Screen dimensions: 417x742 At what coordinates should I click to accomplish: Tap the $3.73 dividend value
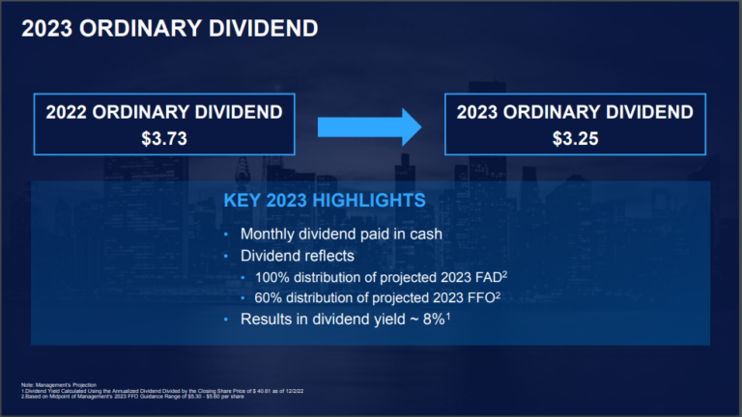click(163, 138)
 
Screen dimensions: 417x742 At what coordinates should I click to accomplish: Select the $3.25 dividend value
click(575, 138)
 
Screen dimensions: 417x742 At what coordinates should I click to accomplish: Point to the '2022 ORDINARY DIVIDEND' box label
click(163, 112)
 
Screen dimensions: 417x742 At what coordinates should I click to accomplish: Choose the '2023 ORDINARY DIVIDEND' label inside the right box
click(575, 112)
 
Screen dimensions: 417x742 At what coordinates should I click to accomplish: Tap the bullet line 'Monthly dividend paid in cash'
click(340, 235)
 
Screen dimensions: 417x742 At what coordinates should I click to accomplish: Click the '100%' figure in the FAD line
click(275, 277)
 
